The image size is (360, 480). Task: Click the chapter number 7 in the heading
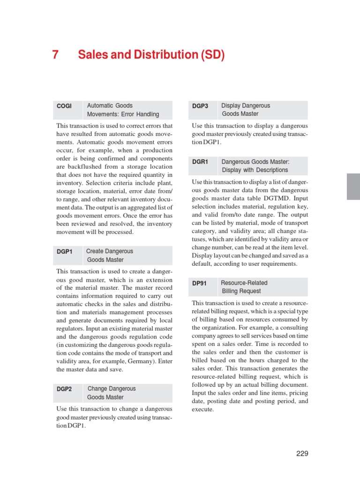click(x=55, y=55)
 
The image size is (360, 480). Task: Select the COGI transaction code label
click(x=64, y=106)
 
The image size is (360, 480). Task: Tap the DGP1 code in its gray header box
click(x=65, y=252)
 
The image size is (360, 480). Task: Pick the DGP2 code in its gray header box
click(x=65, y=389)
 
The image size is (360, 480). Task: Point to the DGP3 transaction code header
click(x=200, y=106)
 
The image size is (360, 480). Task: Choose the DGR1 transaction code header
click(x=200, y=162)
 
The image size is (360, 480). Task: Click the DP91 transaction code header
click(x=199, y=283)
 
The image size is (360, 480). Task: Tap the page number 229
click(x=302, y=453)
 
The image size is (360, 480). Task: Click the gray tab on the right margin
click(x=353, y=186)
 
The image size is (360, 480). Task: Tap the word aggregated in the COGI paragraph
click(x=141, y=208)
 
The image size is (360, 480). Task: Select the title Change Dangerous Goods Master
click(x=111, y=393)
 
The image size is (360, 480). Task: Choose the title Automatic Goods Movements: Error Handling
click(x=123, y=110)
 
